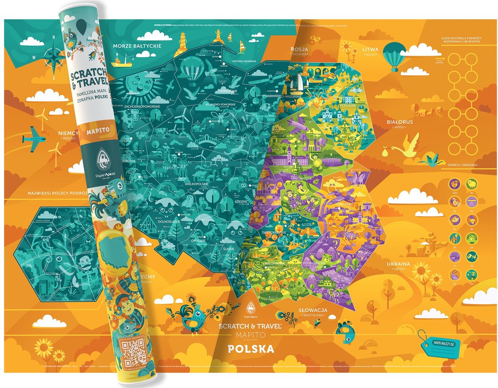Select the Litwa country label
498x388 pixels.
click(370, 49)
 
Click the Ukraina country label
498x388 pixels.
click(398, 264)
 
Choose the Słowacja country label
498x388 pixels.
click(313, 310)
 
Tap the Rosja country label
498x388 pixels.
click(299, 49)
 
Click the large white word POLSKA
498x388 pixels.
click(251, 349)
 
